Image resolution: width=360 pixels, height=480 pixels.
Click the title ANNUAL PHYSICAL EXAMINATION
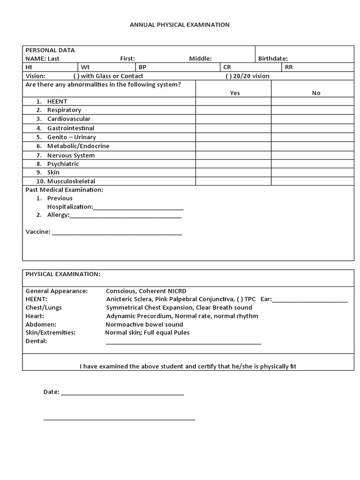click(180, 24)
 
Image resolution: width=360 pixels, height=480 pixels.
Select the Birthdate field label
click(273, 59)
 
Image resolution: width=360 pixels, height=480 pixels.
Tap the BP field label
click(142, 67)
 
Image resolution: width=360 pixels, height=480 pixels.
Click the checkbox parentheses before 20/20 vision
click(229, 76)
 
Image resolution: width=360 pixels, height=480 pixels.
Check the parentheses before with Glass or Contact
click(76, 76)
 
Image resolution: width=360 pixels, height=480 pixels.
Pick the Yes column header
click(234, 93)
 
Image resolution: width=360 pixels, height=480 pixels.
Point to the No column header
click(316, 93)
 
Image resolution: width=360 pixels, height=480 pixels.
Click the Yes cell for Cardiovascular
click(233, 119)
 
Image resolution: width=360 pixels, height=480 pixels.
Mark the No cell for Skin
click(312, 172)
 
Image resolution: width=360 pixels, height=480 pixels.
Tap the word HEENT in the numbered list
click(57, 101)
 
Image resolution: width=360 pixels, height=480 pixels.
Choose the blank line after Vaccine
click(117, 232)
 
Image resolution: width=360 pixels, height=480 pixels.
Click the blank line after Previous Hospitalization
click(138, 208)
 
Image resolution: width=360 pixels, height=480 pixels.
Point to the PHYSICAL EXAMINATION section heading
click(63, 274)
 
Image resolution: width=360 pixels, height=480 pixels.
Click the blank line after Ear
click(310, 300)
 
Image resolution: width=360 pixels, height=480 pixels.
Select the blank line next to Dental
click(183, 342)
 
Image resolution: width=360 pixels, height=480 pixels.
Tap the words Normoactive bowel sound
click(144, 324)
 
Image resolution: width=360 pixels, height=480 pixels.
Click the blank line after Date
click(122, 393)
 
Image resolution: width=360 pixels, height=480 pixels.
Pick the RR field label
click(289, 67)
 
